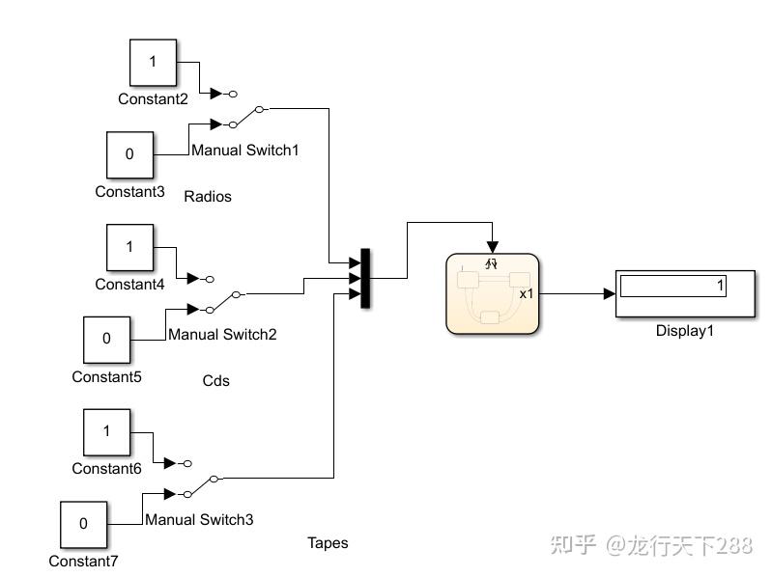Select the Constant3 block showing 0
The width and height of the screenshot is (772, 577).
pos(129,154)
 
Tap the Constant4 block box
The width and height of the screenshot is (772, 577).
pos(129,247)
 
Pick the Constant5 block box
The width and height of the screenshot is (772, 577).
pos(106,340)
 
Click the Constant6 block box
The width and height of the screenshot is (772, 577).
pos(106,432)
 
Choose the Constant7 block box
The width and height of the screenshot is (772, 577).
pos(83,524)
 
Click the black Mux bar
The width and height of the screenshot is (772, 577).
pos(365,279)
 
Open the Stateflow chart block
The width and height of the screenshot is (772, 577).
pos(491,293)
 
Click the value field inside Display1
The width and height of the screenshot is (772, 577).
pos(672,287)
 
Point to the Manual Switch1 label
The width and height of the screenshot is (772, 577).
pos(245,151)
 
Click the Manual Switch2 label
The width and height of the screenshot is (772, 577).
pos(222,335)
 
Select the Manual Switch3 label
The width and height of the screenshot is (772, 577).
pos(199,520)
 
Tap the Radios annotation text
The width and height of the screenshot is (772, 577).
pos(208,197)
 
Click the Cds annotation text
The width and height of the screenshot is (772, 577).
pos(215,381)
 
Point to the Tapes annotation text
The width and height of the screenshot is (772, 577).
pos(328,543)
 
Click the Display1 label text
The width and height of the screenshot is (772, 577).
pos(684,331)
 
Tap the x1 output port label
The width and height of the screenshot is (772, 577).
pos(527,293)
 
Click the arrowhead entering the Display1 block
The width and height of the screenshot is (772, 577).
pos(609,293)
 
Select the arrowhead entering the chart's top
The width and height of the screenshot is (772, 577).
pos(493,246)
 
